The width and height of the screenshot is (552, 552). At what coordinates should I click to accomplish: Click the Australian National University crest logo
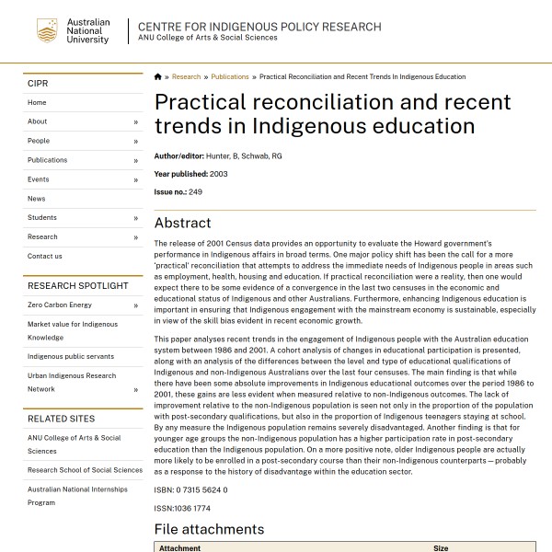[x=47, y=31]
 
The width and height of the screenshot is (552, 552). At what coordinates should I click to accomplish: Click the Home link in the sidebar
[x=37, y=102]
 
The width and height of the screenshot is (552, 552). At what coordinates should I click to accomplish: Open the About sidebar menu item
[x=38, y=121]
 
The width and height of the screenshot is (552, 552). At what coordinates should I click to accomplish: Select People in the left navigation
[x=39, y=141]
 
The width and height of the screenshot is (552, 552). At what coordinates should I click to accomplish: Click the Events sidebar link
[x=39, y=179]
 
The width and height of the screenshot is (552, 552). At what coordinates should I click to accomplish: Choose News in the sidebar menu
[x=36, y=199]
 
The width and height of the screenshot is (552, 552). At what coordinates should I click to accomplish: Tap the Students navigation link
[x=42, y=218]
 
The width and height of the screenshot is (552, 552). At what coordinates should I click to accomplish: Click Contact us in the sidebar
[x=45, y=257]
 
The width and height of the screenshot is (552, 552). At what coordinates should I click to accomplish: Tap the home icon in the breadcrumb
[x=158, y=77]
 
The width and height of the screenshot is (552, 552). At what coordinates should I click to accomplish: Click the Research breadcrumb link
[x=186, y=77]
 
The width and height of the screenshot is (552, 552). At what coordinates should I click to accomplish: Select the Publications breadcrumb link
[x=230, y=77]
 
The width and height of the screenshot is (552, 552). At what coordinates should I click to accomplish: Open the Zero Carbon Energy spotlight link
[x=60, y=305]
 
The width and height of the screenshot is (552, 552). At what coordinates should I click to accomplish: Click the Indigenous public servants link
[x=71, y=356]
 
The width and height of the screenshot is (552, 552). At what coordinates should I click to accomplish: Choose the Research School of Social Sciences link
[x=85, y=470]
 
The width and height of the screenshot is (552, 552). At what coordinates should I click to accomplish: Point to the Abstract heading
[x=182, y=223]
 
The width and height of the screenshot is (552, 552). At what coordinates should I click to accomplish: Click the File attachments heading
[x=209, y=529]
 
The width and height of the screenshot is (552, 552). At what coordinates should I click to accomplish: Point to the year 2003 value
[x=219, y=174]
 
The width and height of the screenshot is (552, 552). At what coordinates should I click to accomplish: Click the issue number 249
[x=195, y=191]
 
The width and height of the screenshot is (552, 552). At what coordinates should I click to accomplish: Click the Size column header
[x=441, y=548]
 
